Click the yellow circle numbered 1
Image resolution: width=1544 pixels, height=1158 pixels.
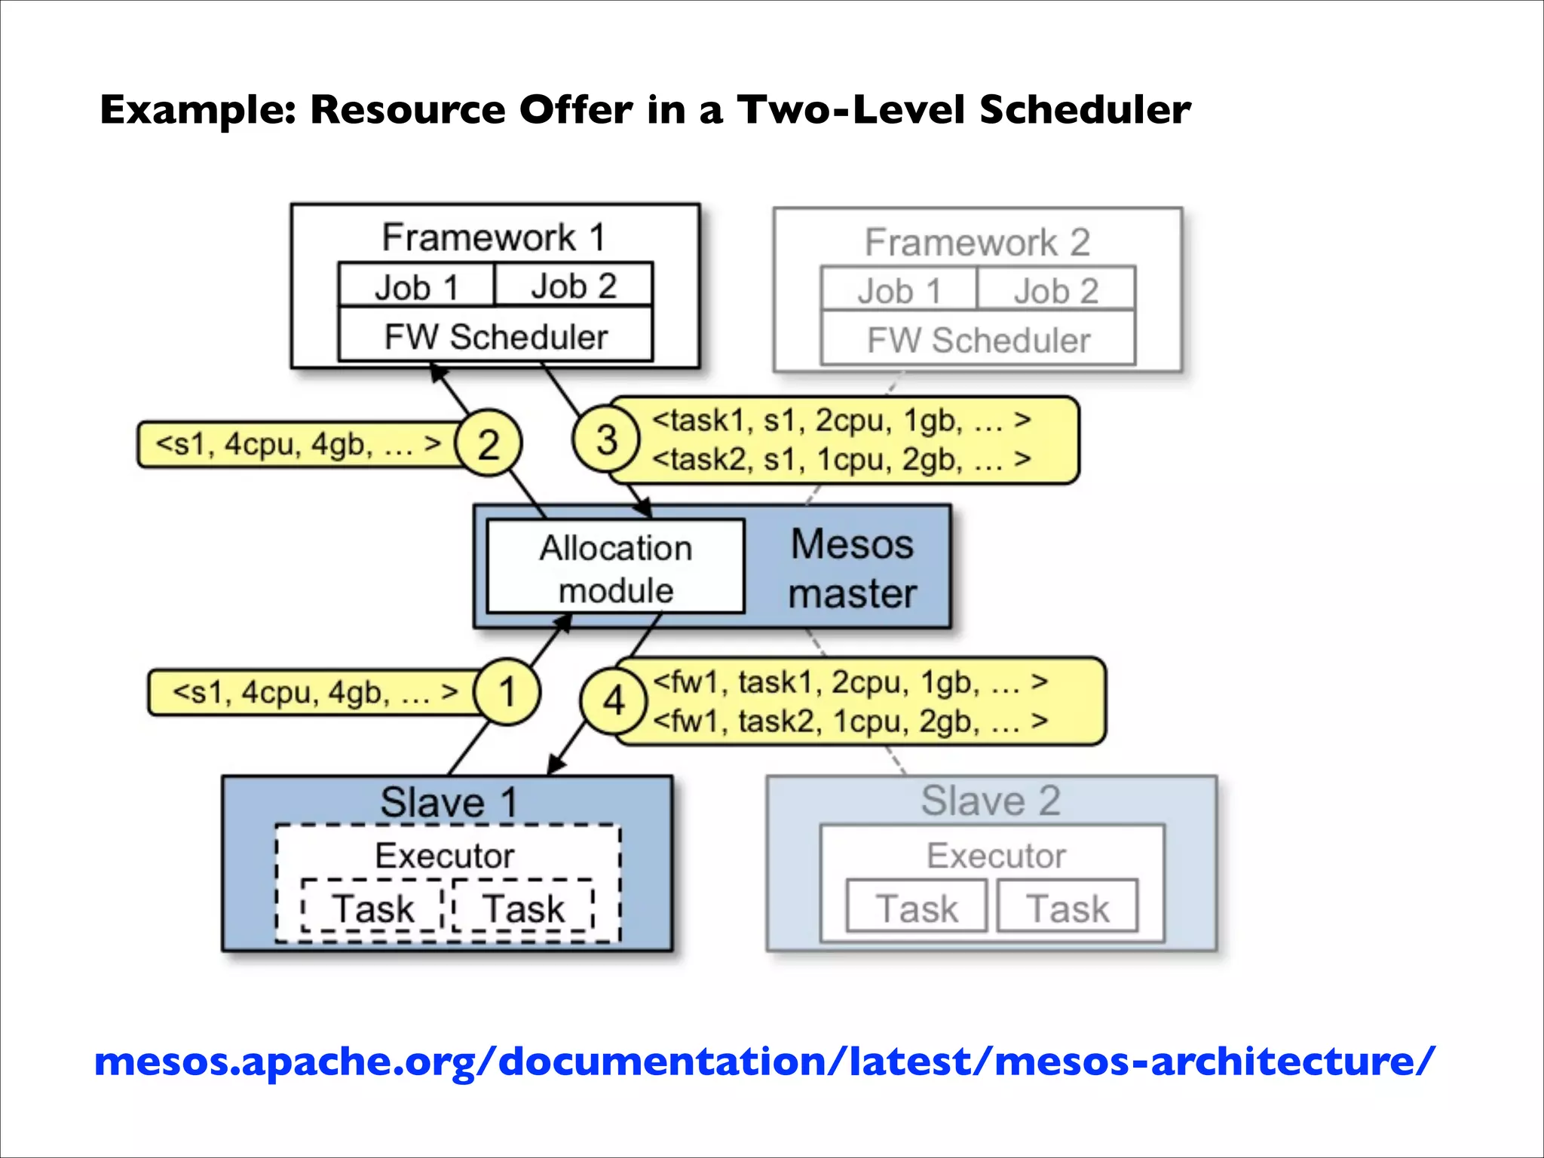click(x=507, y=691)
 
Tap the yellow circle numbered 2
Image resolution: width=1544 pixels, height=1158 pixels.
click(x=489, y=443)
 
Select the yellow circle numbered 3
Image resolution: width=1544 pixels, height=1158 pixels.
click(x=606, y=439)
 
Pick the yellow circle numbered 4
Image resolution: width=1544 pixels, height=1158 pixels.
click(x=614, y=701)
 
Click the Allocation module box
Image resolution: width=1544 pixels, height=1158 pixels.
click(x=615, y=567)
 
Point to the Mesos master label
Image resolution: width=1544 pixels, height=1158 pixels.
click(x=852, y=568)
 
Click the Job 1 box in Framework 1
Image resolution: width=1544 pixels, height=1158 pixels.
click(x=416, y=286)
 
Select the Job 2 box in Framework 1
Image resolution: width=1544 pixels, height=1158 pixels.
click(x=574, y=286)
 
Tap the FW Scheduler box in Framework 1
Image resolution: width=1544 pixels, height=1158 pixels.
click(x=495, y=336)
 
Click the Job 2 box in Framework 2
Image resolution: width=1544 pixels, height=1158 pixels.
click(x=1056, y=290)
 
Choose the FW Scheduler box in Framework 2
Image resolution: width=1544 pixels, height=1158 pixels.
click(x=978, y=339)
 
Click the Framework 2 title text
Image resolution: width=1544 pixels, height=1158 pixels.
click(x=977, y=242)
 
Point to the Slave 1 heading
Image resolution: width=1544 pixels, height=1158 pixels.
click(x=449, y=801)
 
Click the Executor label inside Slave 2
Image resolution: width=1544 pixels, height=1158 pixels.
click(x=996, y=856)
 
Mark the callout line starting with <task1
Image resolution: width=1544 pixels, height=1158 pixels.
click(x=841, y=420)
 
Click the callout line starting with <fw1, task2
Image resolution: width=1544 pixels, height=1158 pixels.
click(x=850, y=721)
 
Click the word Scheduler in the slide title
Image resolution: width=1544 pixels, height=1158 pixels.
click(x=1085, y=110)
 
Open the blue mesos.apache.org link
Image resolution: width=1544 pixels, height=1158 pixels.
click(x=764, y=1061)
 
